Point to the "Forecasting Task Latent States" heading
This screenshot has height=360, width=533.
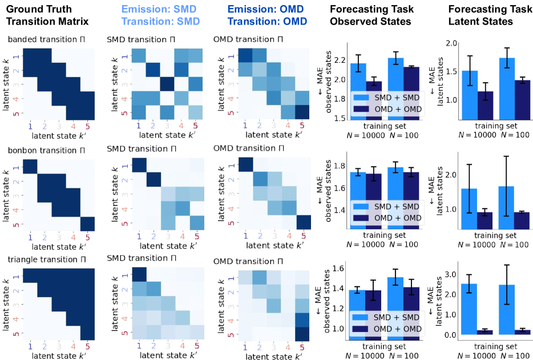[487, 15]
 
